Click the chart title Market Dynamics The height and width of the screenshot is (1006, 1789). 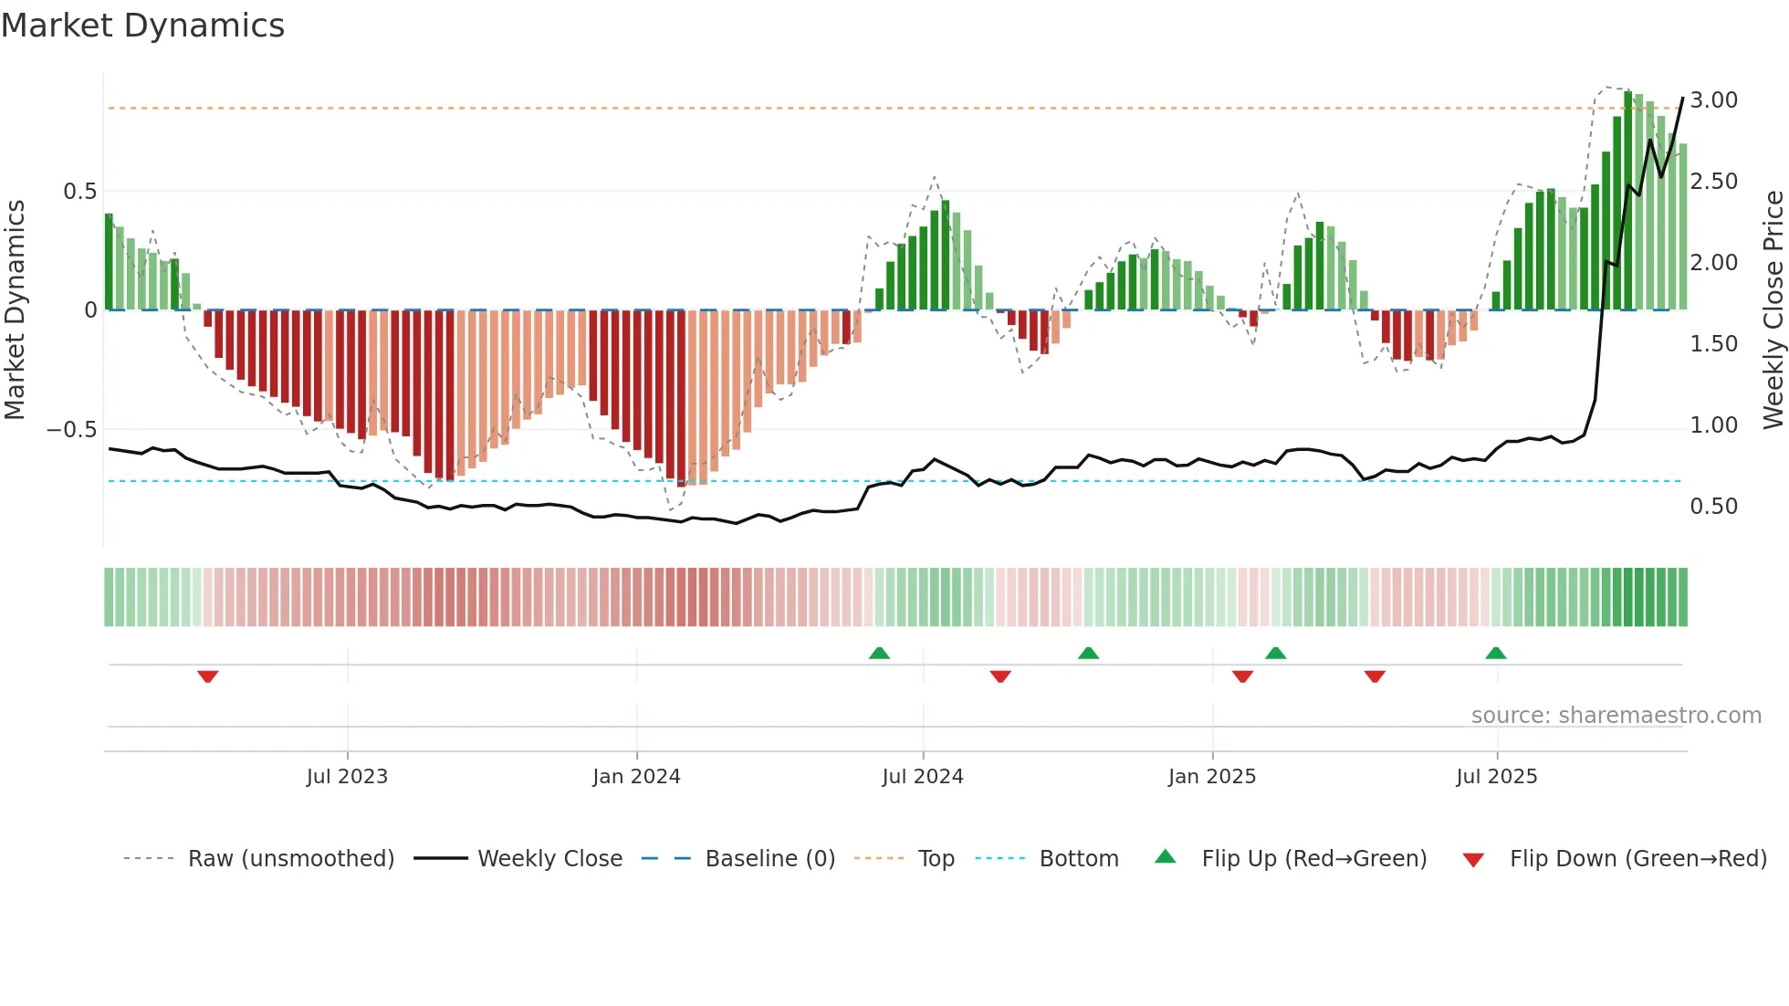pyautogui.click(x=142, y=26)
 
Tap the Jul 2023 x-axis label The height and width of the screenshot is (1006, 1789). pyautogui.click(x=347, y=777)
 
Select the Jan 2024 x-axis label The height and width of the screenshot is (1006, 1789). pyautogui.click(x=636, y=777)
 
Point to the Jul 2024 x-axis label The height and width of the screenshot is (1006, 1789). pyautogui.click(x=922, y=777)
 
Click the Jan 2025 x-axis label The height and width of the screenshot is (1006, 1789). pyautogui.click(x=1211, y=777)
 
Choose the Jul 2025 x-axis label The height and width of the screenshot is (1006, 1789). pyautogui.click(x=1496, y=777)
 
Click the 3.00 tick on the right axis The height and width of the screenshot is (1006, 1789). pyautogui.click(x=1713, y=100)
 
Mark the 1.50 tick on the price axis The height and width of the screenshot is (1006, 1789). pyautogui.click(x=1713, y=344)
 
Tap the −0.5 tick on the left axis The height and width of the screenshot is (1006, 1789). pyautogui.click(x=71, y=430)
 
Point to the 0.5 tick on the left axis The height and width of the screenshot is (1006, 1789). pyautogui.click(x=79, y=192)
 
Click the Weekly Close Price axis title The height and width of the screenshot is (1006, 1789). pyautogui.click(x=1773, y=310)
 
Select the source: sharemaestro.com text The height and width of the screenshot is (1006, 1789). pyautogui.click(x=1616, y=716)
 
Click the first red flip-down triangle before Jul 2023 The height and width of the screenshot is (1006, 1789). pyautogui.click(x=207, y=676)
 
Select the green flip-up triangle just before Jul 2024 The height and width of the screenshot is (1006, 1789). pyautogui.click(x=879, y=653)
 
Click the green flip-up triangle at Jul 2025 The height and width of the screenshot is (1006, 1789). pyautogui.click(x=1495, y=653)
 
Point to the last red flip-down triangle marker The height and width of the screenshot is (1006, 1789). pyautogui.click(x=1375, y=676)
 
